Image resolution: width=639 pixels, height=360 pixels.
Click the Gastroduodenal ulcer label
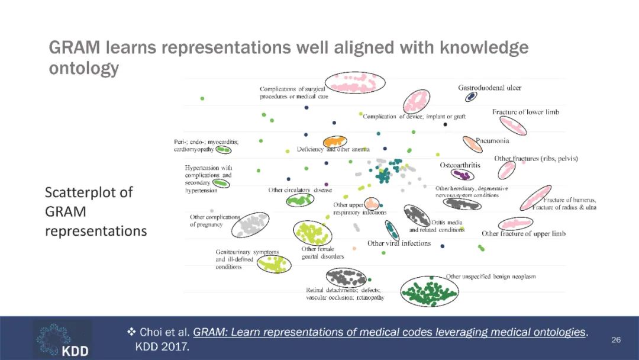click(x=489, y=88)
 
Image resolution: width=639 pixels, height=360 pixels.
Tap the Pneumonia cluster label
click(x=492, y=141)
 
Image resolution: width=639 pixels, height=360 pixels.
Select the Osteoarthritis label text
click(x=460, y=165)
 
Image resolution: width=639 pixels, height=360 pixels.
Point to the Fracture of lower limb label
click(x=525, y=112)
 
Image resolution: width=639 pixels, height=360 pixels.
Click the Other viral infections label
click(x=399, y=243)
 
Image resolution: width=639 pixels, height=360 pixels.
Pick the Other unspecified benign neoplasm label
click(x=490, y=277)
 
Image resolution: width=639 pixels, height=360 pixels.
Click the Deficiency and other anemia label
click(x=333, y=150)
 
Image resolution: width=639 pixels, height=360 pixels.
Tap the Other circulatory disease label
click(x=300, y=190)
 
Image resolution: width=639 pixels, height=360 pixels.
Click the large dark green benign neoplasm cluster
click(x=429, y=291)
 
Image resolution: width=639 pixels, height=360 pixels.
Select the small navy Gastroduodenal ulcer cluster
click(x=471, y=97)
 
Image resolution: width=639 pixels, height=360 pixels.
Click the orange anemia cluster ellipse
click(x=335, y=142)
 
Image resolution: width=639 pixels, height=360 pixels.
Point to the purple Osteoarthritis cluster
click(x=462, y=175)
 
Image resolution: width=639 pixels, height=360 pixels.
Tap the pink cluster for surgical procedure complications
click(x=354, y=83)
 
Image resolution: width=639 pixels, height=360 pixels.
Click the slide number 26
click(x=616, y=340)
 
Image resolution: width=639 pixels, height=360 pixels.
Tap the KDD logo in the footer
click(x=62, y=339)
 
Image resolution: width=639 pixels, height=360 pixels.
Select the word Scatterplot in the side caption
click(x=89, y=192)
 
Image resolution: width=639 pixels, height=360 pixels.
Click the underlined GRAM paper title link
click(x=389, y=332)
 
